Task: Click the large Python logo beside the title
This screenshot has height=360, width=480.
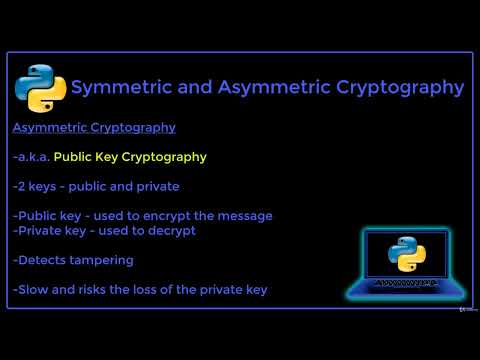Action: click(x=40, y=88)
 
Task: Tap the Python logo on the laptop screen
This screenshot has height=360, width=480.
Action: click(x=406, y=254)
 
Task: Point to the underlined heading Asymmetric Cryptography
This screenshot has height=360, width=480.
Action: click(x=94, y=127)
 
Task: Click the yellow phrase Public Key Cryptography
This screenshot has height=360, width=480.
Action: click(x=130, y=156)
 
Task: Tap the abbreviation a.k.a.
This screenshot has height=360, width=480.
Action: click(x=33, y=156)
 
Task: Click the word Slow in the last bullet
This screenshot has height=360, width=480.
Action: click(x=32, y=289)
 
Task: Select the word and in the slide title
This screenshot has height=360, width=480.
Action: click(x=194, y=87)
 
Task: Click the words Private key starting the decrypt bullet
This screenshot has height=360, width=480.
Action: click(x=54, y=230)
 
